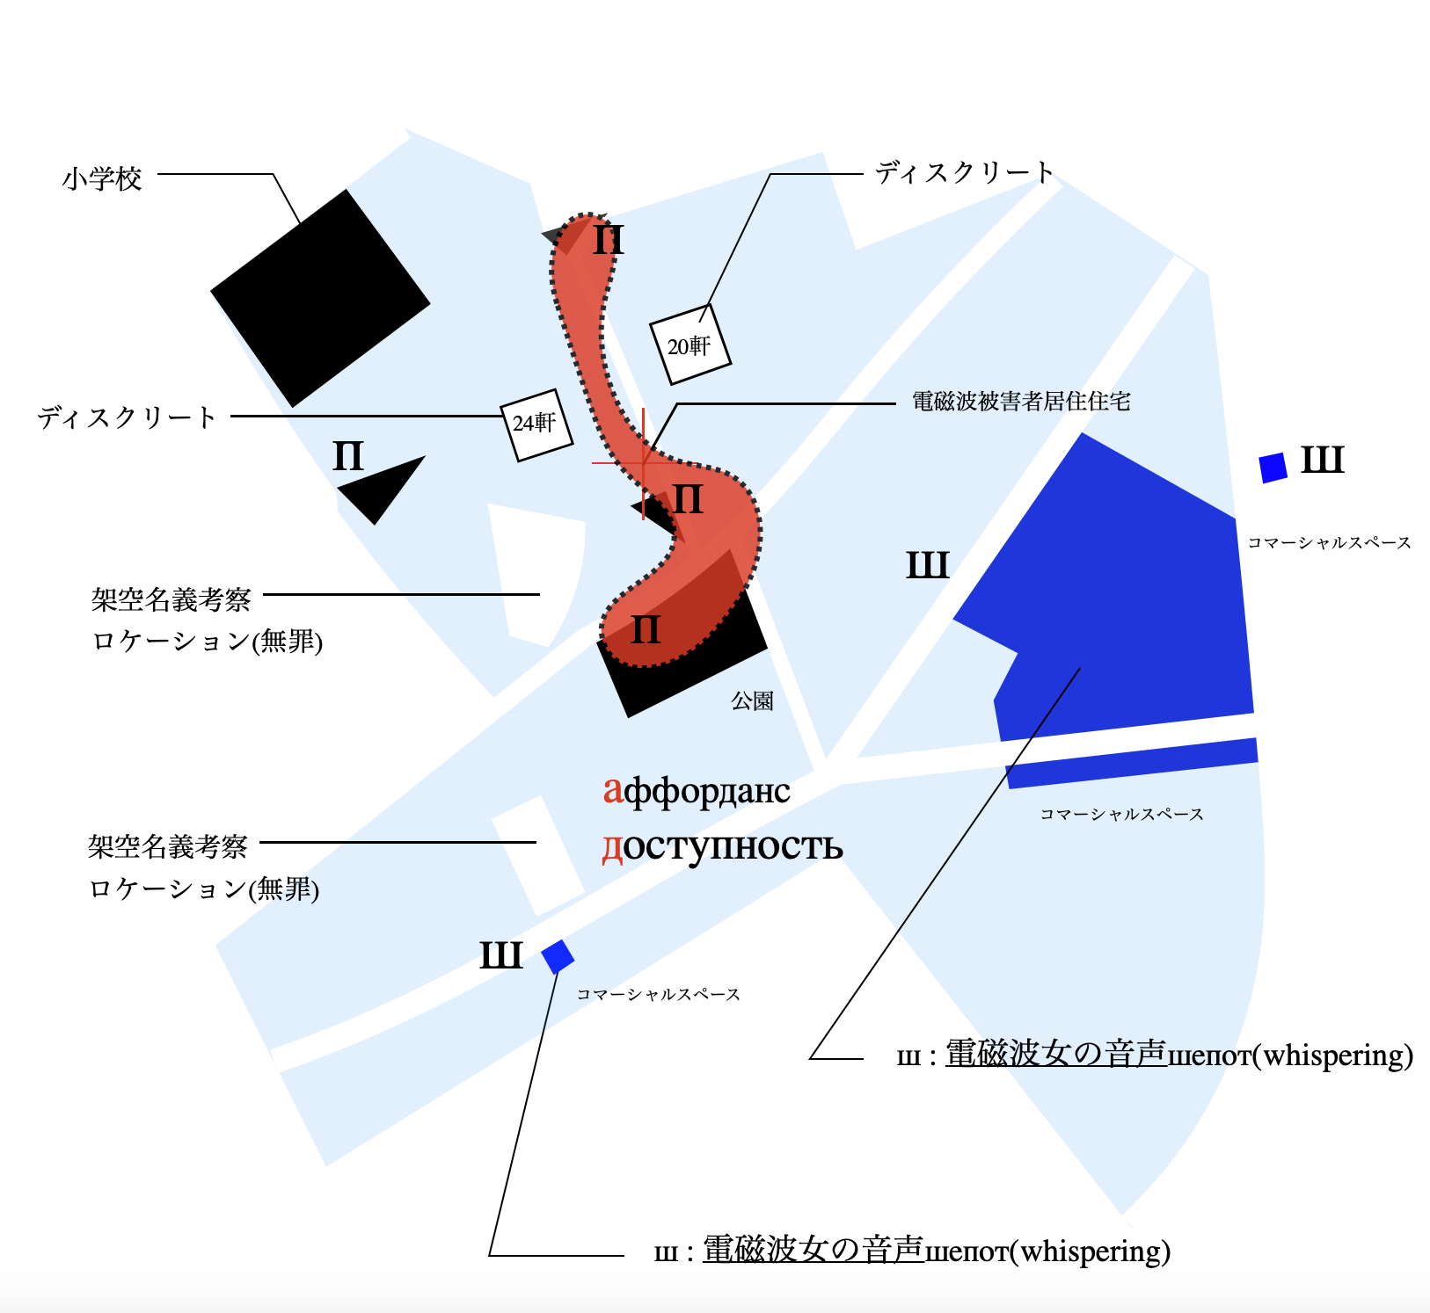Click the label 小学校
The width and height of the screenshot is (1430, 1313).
(x=102, y=179)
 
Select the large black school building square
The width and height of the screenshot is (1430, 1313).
(x=320, y=298)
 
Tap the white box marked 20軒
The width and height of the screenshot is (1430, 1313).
(x=690, y=345)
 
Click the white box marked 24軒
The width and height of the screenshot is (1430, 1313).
(x=536, y=424)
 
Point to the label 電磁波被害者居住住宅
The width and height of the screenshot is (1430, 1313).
(x=1021, y=402)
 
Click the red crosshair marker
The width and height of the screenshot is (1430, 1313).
(x=644, y=462)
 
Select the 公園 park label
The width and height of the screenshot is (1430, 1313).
(x=753, y=700)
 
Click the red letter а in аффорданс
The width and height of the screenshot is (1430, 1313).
(x=612, y=790)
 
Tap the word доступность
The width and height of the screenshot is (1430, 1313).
(x=722, y=845)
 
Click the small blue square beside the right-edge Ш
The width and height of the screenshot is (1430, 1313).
(x=1273, y=468)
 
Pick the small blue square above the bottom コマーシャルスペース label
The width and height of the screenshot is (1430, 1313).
(x=558, y=956)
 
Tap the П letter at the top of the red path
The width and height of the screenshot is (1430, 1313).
(x=609, y=240)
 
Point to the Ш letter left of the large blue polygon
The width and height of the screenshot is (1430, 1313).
(x=928, y=565)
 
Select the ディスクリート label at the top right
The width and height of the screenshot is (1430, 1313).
(x=964, y=173)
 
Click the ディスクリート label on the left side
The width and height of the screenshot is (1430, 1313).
(x=127, y=417)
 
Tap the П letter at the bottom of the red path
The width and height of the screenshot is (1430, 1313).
(x=646, y=630)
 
